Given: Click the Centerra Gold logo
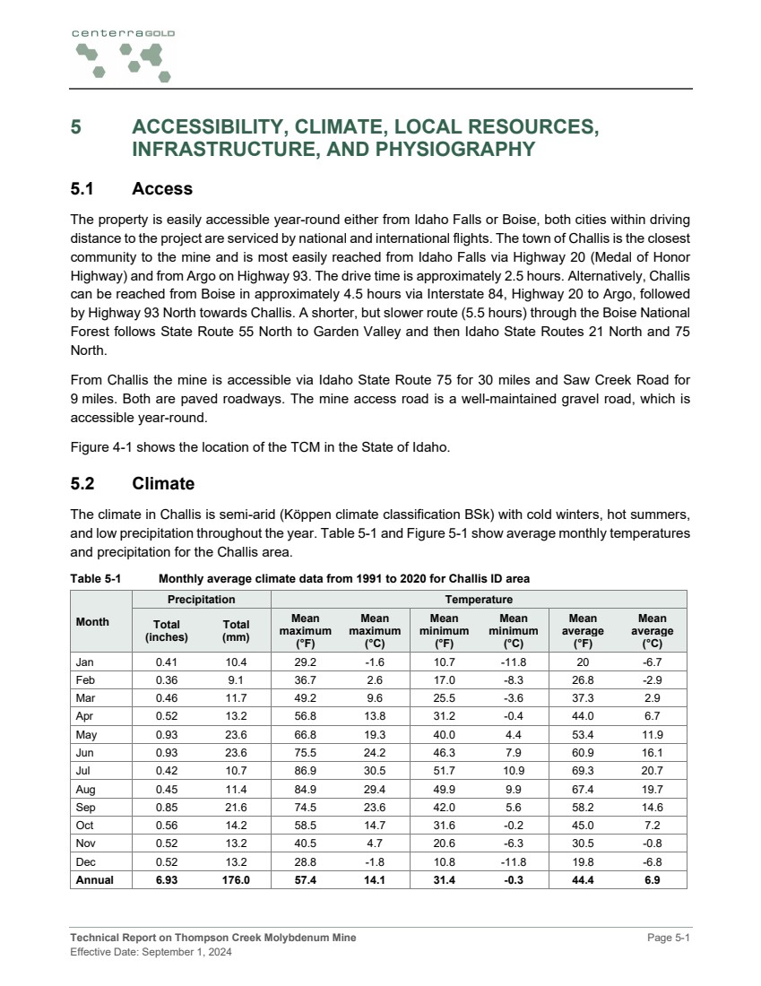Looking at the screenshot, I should click(122, 55).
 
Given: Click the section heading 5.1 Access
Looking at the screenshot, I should click(132, 189).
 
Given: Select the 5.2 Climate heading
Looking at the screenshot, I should click(133, 484).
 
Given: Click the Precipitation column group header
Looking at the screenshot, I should click(202, 599).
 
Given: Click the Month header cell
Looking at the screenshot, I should click(93, 622).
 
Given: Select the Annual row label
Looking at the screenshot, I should click(94, 879).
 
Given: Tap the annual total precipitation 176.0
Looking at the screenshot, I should click(236, 879).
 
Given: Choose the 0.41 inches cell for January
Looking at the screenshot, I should click(167, 662).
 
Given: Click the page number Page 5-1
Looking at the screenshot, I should click(669, 938).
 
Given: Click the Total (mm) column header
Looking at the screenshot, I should click(236, 630).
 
